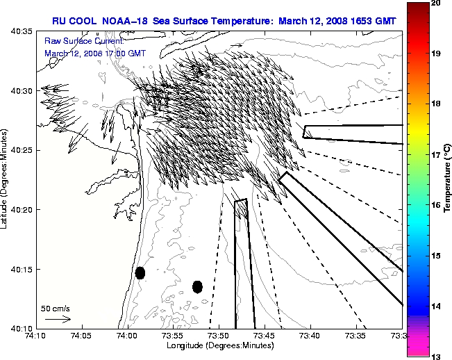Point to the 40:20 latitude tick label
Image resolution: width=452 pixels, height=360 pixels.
click(21, 209)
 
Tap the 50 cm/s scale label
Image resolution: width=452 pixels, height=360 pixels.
click(56, 308)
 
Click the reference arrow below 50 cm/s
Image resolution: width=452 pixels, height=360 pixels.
click(58, 319)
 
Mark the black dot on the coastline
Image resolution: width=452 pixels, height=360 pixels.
click(140, 272)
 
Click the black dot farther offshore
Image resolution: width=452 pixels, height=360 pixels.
click(197, 286)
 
